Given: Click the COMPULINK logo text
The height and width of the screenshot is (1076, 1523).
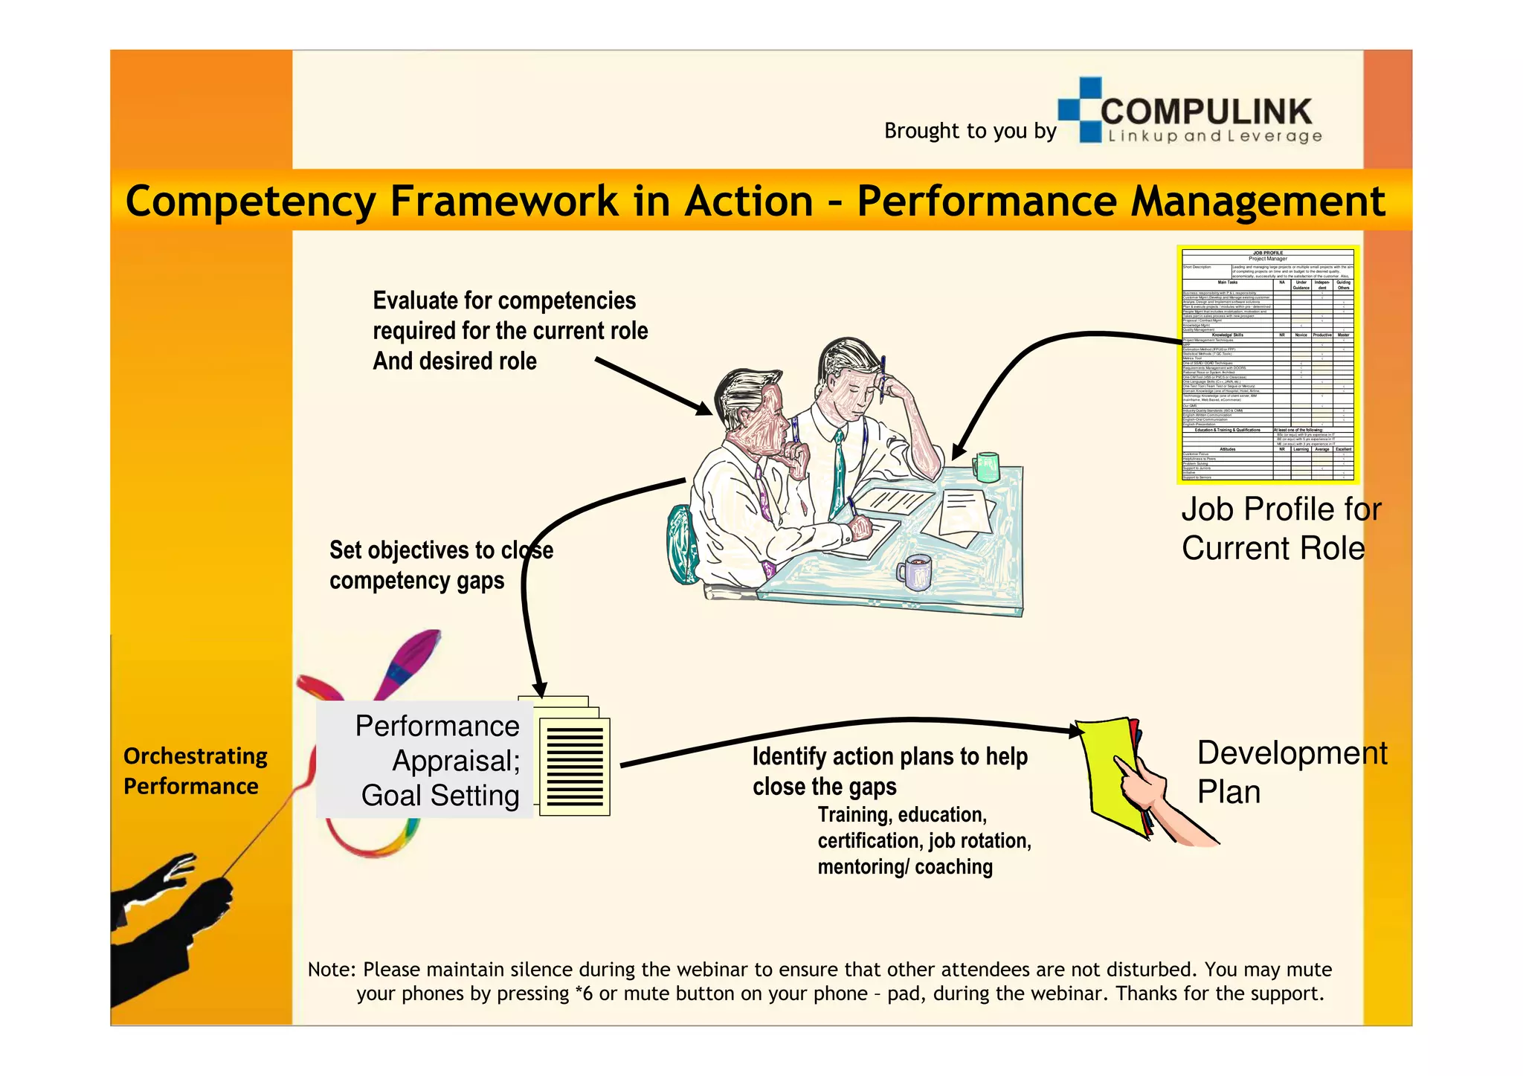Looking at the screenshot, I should click(x=1206, y=112).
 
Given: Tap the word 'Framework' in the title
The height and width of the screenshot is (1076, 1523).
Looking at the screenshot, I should click(x=503, y=201).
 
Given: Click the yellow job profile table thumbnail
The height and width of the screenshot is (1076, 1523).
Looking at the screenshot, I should click(x=1267, y=364).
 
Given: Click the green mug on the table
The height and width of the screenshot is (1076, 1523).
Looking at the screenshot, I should click(x=986, y=467).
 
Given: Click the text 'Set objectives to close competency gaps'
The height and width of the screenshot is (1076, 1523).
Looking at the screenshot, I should click(x=440, y=565).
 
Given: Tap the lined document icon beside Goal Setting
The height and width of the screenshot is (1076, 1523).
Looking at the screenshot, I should click(x=574, y=766).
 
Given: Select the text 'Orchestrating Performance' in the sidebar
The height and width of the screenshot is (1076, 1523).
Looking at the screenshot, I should click(x=195, y=771).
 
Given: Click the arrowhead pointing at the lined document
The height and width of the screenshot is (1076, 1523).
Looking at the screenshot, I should click(x=539, y=689).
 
